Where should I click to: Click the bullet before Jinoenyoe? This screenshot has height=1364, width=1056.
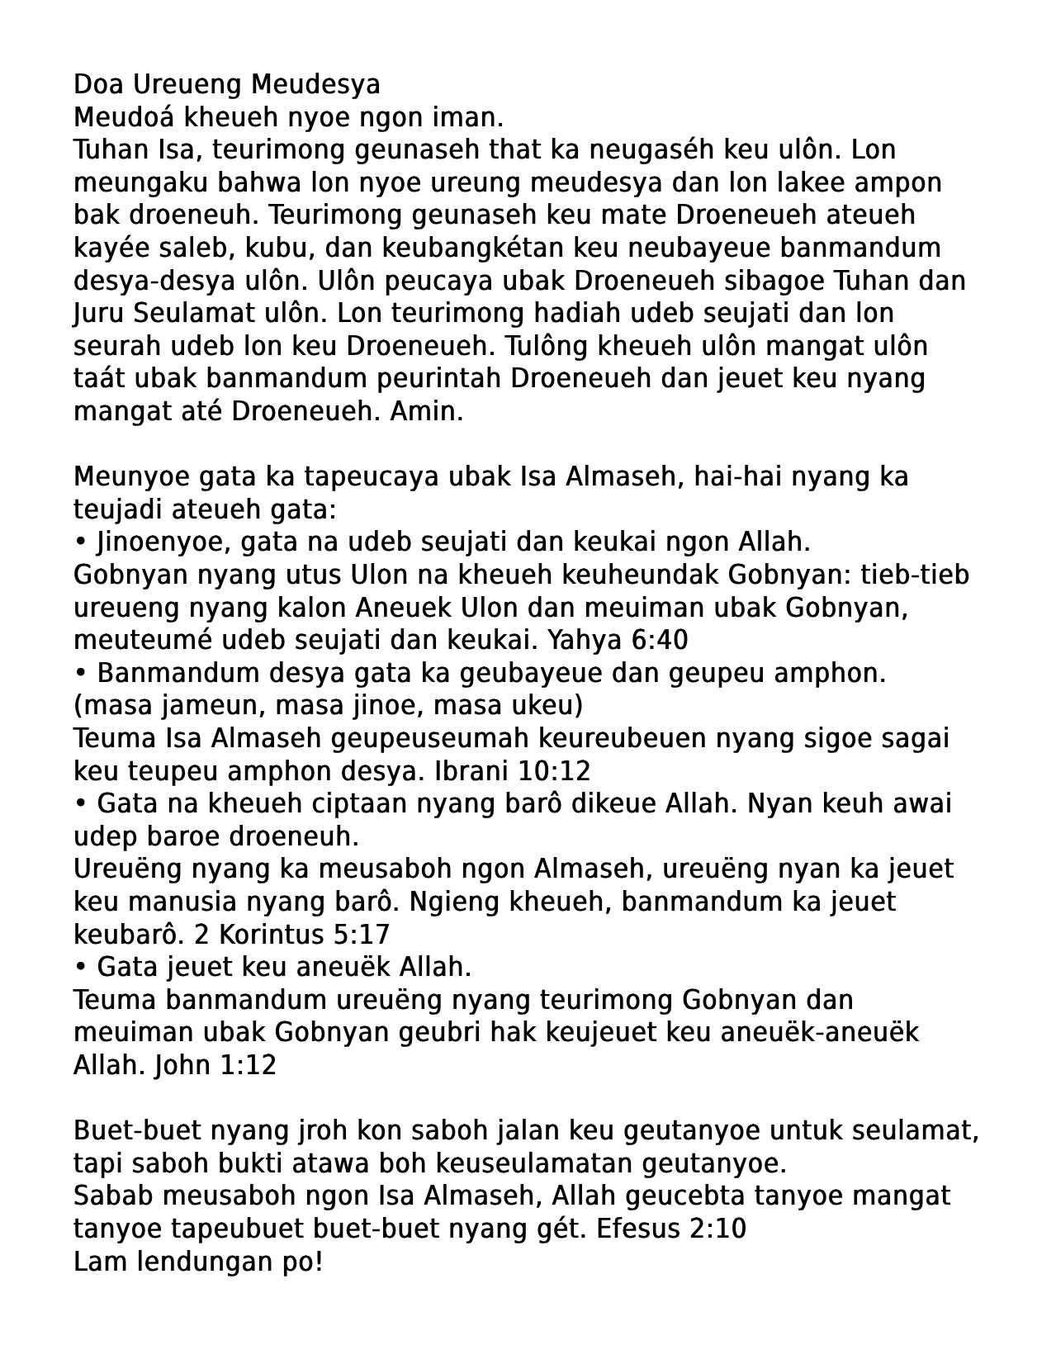(x=80, y=542)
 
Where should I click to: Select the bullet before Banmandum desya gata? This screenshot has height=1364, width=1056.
(x=80, y=673)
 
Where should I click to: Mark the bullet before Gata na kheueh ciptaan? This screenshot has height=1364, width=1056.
(x=80, y=803)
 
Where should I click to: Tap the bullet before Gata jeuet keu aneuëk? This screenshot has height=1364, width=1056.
(x=80, y=967)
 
